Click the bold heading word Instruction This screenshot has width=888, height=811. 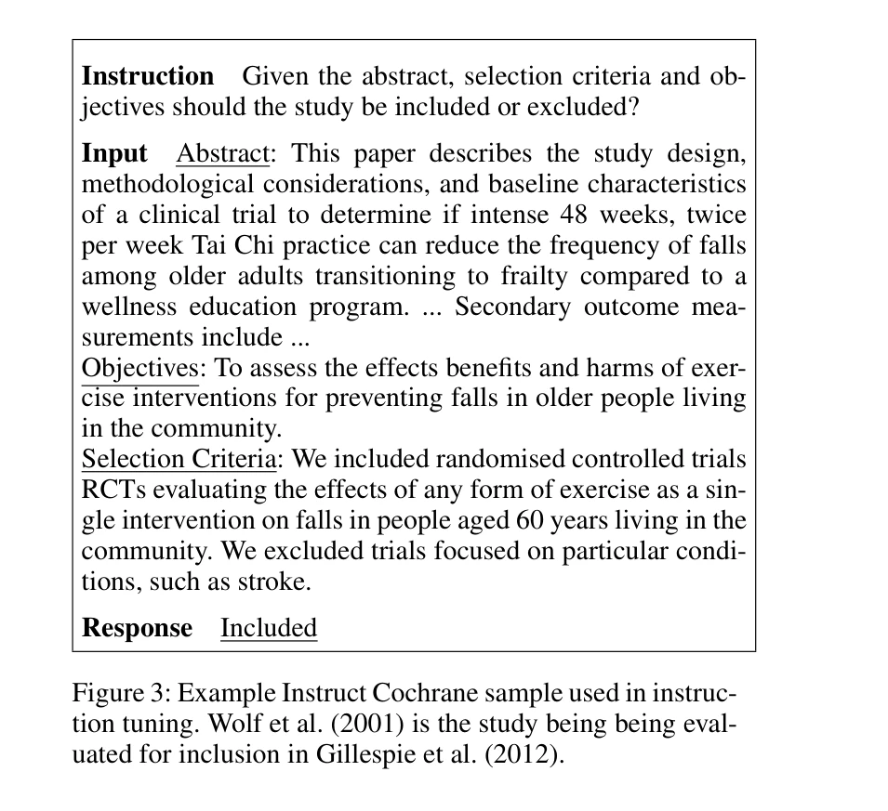coord(148,76)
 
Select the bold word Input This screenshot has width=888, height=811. coord(114,153)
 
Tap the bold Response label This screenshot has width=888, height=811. coord(137,628)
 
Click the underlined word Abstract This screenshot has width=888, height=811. coord(221,153)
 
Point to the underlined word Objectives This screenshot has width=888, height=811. coord(140,368)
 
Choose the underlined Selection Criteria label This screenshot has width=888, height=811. coord(179,459)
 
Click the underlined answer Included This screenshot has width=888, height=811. coord(269,628)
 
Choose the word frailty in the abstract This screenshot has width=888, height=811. coord(497,276)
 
